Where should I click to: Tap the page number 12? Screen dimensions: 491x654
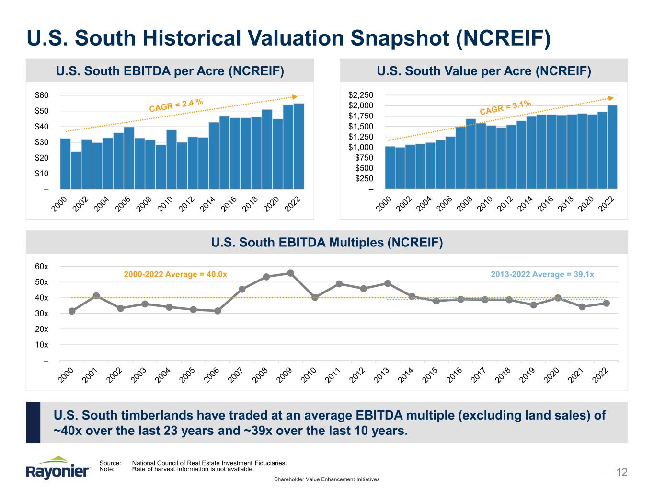pos(621,473)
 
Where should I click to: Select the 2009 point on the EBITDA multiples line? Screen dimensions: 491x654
pos(290,273)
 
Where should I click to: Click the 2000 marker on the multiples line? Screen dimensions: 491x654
pos(72,311)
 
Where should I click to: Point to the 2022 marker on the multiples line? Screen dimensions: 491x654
pos(606,303)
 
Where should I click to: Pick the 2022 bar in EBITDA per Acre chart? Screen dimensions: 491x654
pos(298,146)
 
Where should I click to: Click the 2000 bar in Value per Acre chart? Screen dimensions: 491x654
pos(390,168)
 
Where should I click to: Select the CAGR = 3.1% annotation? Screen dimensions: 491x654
pos(505,107)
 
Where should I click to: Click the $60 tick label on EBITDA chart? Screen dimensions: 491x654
pos(42,95)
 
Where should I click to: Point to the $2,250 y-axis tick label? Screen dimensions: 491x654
pos(361,95)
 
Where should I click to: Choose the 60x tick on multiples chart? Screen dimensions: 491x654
pos(42,267)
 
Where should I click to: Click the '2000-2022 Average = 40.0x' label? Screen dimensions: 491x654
pos(175,274)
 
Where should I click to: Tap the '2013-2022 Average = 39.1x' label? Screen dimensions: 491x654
pos(542,274)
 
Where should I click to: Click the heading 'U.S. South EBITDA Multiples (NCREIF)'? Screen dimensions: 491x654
pos(327,243)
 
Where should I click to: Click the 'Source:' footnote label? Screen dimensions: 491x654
pos(110,463)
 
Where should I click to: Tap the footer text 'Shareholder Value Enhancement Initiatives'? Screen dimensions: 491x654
pos(326,479)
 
